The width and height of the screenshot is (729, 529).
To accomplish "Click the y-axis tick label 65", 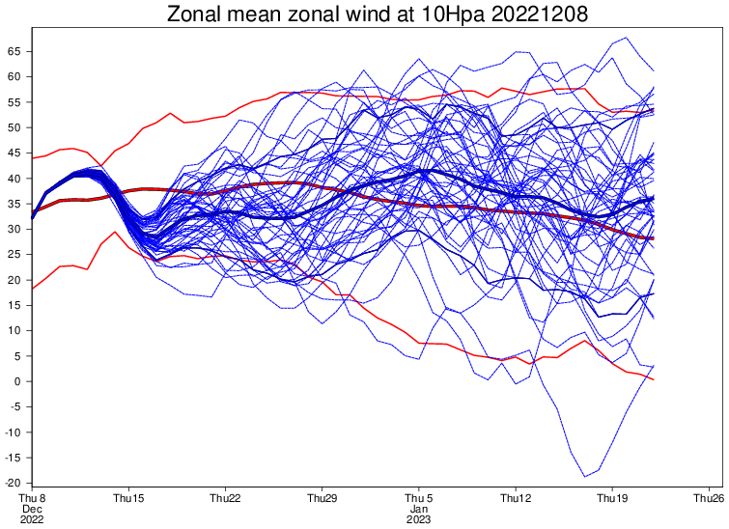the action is pos(14,51).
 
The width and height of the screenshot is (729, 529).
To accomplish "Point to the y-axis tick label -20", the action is pos(13,484).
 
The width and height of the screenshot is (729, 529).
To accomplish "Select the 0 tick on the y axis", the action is pos(17,381).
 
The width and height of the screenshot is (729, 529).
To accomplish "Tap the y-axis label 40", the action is pos(14,179).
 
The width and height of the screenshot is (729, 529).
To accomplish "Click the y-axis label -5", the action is pos(14,407).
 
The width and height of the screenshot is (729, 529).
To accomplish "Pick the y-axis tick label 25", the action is pos(14,255).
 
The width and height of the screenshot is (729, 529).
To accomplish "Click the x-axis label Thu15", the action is pos(128,499).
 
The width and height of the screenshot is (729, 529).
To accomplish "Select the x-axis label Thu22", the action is pos(226,499).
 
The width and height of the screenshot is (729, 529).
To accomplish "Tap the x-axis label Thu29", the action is pos(322,499).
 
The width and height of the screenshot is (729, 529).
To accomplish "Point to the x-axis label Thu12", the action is pos(516,499).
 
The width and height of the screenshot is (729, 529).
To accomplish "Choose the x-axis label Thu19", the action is pos(612,499).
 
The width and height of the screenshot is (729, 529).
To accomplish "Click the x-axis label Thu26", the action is pos(709,499).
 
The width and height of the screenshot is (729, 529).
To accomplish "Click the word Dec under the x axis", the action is pos(32,509).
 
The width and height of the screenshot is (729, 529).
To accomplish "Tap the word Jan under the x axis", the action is pos(419,509).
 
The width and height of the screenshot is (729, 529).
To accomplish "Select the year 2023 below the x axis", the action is pos(419,519).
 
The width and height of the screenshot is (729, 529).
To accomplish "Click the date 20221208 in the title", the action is pos(540,14).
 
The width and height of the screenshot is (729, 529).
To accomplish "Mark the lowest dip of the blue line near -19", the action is pos(585,477).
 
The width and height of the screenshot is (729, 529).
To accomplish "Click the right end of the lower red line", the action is pos(654,379).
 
